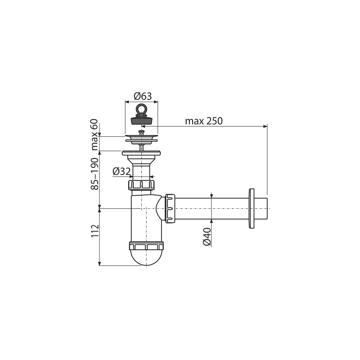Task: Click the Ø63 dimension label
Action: (143, 96)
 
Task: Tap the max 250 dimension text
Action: (204, 121)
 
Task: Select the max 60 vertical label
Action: (94, 135)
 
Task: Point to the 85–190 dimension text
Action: (94, 174)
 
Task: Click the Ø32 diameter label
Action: (121, 171)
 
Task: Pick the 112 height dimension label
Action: (94, 231)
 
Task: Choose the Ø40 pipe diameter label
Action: (207, 237)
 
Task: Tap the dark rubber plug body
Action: (141, 120)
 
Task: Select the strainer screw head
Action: (141, 132)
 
